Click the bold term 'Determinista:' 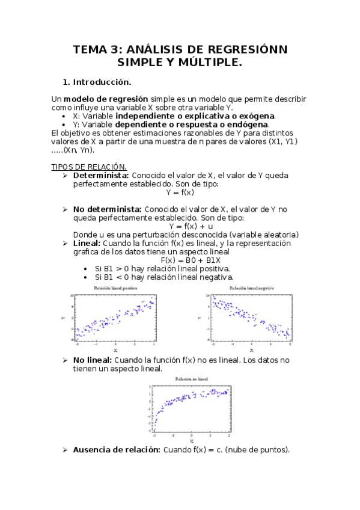click(101, 175)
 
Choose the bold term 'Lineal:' click(87, 243)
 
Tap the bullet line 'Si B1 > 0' click(162, 268)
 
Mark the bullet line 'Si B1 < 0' click(163, 277)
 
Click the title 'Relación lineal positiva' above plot click(115, 289)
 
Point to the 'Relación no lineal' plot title click(192, 380)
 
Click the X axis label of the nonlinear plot click(192, 441)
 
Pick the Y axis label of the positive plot click(63, 318)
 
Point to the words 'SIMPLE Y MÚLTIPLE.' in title click(180, 62)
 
